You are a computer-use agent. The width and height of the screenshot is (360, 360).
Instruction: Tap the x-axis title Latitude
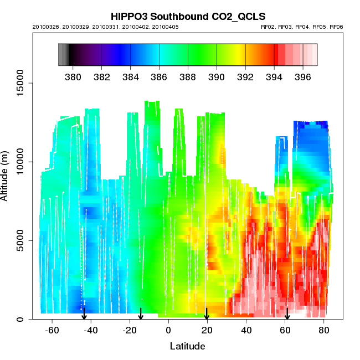[187, 346]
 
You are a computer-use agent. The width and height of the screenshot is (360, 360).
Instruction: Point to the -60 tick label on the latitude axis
[53, 331]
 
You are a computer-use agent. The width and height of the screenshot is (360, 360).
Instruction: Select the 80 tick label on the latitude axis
[324, 331]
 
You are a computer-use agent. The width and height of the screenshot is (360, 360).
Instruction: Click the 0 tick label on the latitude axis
[168, 331]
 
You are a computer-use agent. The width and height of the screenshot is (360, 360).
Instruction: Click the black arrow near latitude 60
[287, 314]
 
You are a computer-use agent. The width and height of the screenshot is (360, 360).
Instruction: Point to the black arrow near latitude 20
[207, 314]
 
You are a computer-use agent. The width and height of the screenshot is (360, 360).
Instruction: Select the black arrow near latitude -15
[141, 314]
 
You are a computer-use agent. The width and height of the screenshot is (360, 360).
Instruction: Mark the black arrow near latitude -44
[84, 314]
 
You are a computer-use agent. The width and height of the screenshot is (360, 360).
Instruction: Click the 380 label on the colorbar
[73, 76]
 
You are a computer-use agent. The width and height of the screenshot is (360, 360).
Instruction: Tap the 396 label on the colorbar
[302, 76]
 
